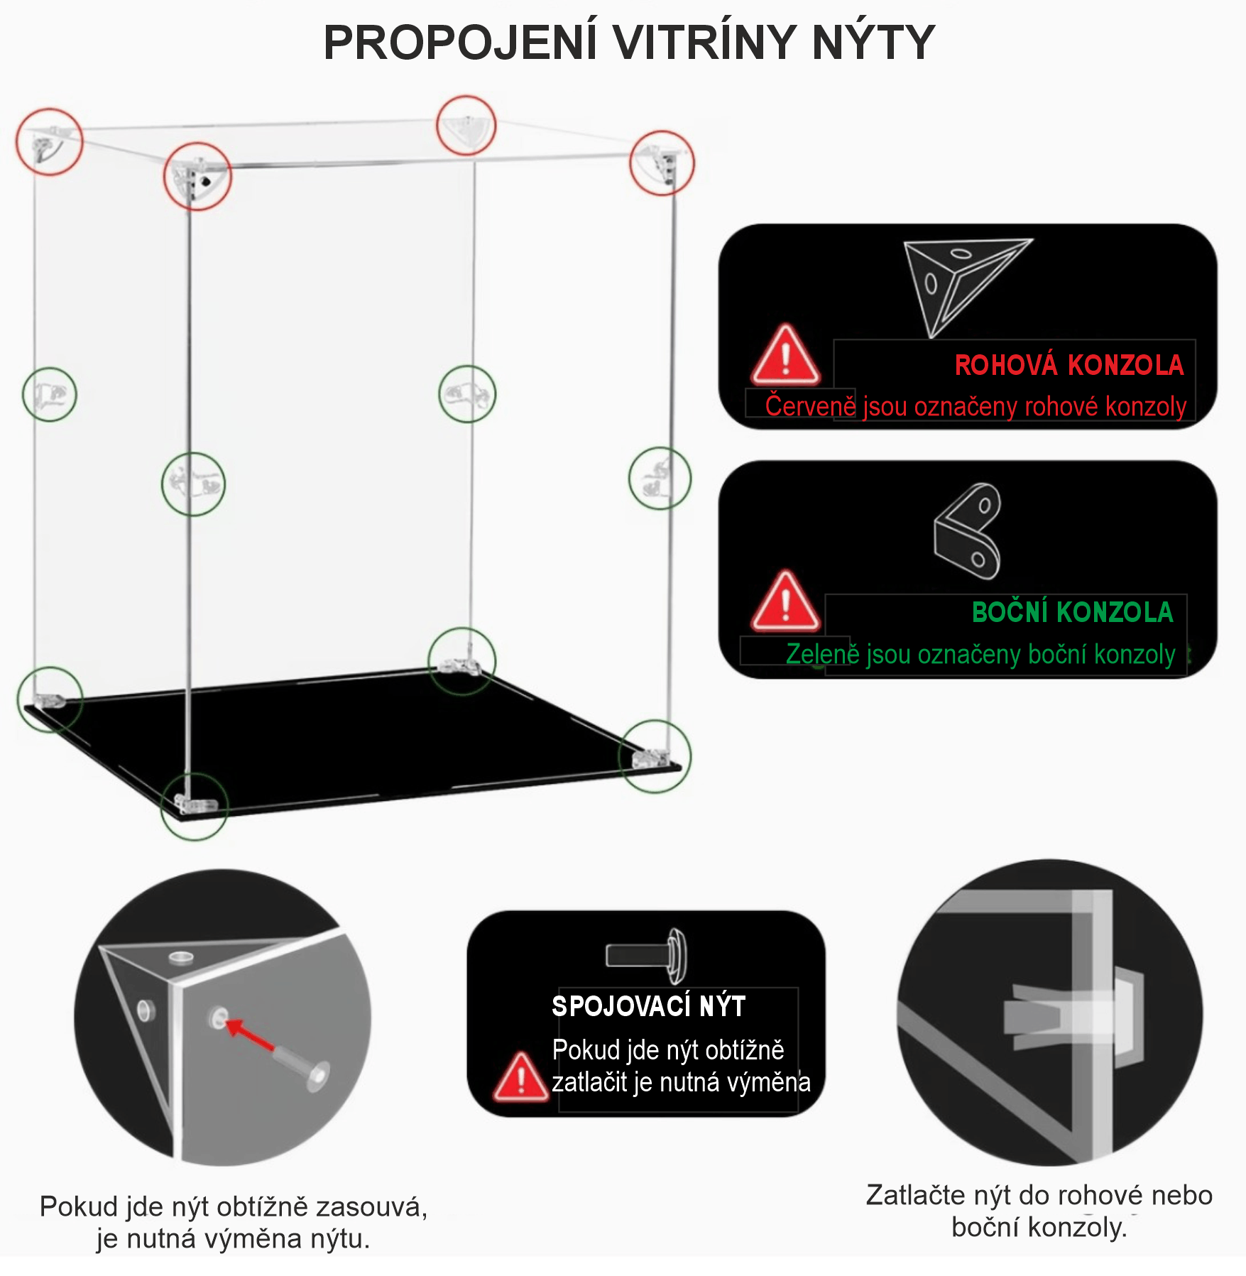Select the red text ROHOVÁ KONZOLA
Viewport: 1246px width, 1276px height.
tap(1069, 365)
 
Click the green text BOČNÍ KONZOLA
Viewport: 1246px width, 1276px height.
tap(1073, 612)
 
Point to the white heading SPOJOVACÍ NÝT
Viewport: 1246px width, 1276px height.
tap(649, 1006)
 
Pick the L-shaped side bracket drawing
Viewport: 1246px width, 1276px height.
tap(968, 531)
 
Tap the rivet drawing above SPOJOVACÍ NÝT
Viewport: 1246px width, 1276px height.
tap(647, 955)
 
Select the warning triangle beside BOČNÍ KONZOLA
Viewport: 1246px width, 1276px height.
tap(785, 600)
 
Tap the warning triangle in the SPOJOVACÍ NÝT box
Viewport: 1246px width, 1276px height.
tap(520, 1077)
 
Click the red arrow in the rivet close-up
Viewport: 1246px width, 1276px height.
tap(250, 1036)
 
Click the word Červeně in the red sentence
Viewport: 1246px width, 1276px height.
tap(811, 406)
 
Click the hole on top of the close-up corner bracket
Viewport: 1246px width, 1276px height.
tap(180, 957)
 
